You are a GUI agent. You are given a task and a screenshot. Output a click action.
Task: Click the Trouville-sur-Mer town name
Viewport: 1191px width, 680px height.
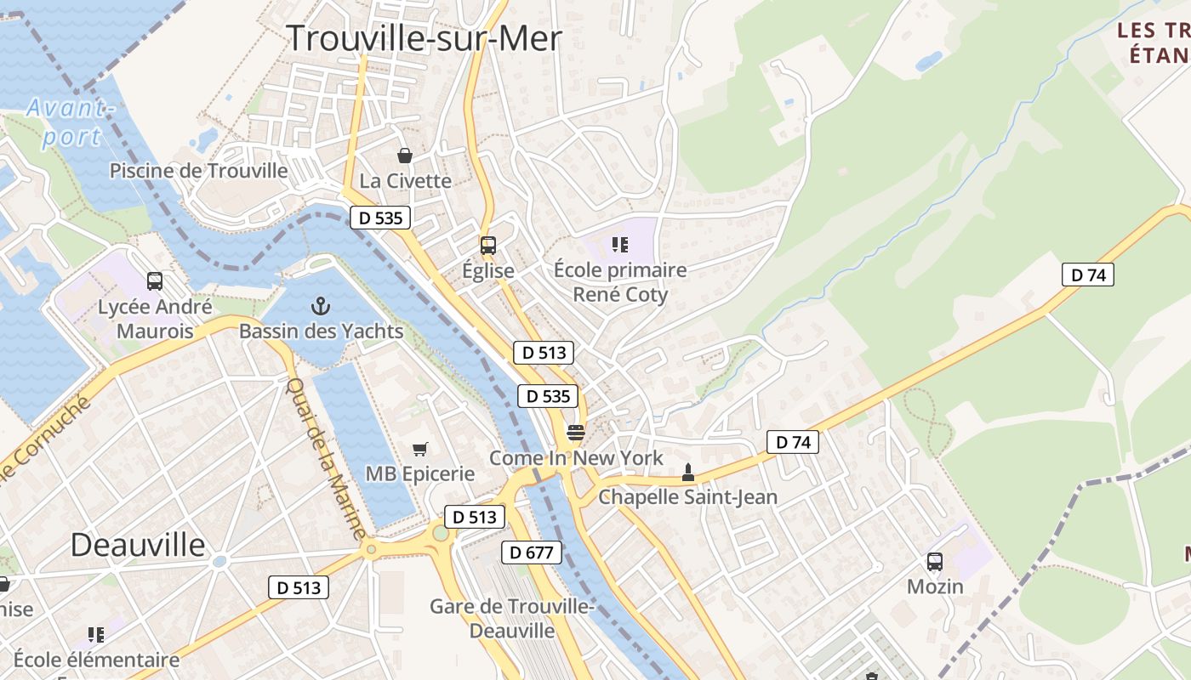424,38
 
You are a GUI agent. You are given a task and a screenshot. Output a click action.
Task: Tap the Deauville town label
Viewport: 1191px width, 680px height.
138,544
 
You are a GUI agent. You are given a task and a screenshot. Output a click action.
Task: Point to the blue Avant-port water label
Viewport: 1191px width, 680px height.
70,122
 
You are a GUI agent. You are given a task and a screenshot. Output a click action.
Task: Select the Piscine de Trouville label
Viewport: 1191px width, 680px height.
199,170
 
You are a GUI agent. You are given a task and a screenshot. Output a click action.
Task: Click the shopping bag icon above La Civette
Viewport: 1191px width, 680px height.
405,156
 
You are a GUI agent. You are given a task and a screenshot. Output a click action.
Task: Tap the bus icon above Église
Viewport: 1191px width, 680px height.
487,246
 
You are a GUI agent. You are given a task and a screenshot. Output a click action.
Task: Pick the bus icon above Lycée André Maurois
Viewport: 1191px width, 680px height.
155,280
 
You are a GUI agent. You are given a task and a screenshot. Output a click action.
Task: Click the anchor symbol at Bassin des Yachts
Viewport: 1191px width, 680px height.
321,305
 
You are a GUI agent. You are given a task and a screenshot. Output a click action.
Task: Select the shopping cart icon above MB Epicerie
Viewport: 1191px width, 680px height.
419,449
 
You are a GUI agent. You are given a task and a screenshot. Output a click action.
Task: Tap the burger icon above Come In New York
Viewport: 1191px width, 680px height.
576,433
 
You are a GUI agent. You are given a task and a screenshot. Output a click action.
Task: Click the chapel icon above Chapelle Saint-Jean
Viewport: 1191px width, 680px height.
688,472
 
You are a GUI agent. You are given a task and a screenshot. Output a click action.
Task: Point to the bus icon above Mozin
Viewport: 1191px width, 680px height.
935,562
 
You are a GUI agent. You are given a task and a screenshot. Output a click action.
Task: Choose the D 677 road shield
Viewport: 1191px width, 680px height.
532,552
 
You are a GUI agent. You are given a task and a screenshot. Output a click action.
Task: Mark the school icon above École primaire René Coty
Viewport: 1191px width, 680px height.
619,246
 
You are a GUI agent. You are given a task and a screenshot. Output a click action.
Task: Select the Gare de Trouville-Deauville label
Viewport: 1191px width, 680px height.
511,619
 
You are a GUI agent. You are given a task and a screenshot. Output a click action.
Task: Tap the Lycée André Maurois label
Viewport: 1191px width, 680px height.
155,319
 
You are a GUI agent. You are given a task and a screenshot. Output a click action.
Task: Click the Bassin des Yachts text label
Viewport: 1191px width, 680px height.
321,331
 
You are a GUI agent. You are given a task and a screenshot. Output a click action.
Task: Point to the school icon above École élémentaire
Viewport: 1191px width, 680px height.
96,634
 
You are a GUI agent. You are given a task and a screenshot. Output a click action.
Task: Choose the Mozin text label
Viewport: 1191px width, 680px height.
935,586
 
